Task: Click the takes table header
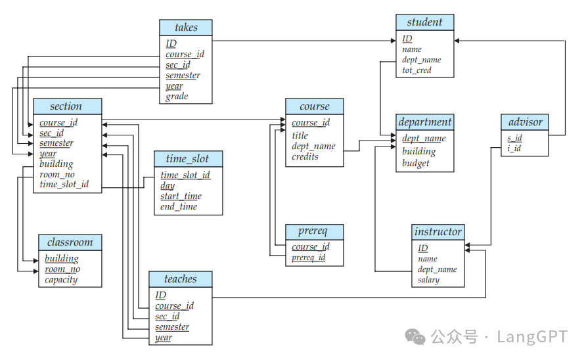(186, 28)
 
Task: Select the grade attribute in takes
(177, 97)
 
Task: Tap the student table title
(424, 22)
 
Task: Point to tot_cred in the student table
(417, 70)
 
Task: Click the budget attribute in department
(416, 163)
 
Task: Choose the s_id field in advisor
(514, 138)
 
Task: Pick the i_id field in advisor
(514, 148)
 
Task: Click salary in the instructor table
(428, 280)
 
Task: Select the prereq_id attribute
(308, 258)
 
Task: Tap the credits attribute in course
(305, 157)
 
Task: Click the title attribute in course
(300, 135)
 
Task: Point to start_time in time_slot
(181, 196)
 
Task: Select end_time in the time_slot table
(179, 207)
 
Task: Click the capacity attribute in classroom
(61, 280)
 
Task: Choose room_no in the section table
(57, 175)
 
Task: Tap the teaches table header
(181, 279)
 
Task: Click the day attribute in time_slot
(168, 186)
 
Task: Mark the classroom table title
(70, 242)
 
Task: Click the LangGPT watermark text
(531, 337)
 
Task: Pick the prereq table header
(314, 232)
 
